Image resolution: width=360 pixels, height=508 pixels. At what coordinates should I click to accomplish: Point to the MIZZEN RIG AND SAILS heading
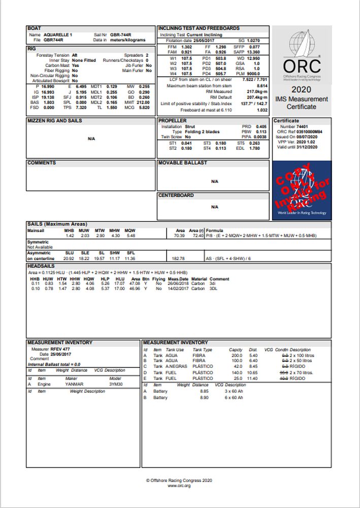(x=54, y=121)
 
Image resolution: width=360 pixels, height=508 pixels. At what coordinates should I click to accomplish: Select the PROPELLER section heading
(x=173, y=121)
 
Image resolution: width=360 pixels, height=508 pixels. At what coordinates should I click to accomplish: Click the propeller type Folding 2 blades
(x=203, y=132)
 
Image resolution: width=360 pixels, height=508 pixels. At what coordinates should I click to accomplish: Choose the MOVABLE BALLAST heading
(x=183, y=163)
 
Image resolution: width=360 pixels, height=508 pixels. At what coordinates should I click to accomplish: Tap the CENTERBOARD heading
(x=176, y=195)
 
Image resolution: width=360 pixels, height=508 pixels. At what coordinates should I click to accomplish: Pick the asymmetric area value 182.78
(x=179, y=259)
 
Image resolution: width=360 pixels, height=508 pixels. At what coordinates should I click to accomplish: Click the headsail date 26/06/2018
(x=178, y=283)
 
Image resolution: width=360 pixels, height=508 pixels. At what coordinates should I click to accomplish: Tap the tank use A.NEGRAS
(x=177, y=366)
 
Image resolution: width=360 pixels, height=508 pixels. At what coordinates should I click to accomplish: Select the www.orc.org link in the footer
(x=179, y=486)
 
